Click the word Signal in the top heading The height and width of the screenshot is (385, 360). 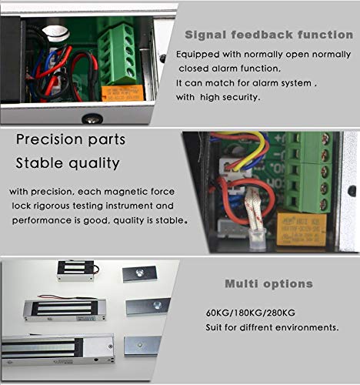pyautogui.click(x=205, y=35)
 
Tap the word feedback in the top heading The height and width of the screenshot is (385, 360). pyautogui.click(x=256, y=35)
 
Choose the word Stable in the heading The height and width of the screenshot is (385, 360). pyautogui.click(x=41, y=163)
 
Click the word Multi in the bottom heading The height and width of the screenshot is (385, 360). pyautogui.click(x=241, y=284)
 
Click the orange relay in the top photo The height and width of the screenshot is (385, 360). pyautogui.click(x=122, y=92)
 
